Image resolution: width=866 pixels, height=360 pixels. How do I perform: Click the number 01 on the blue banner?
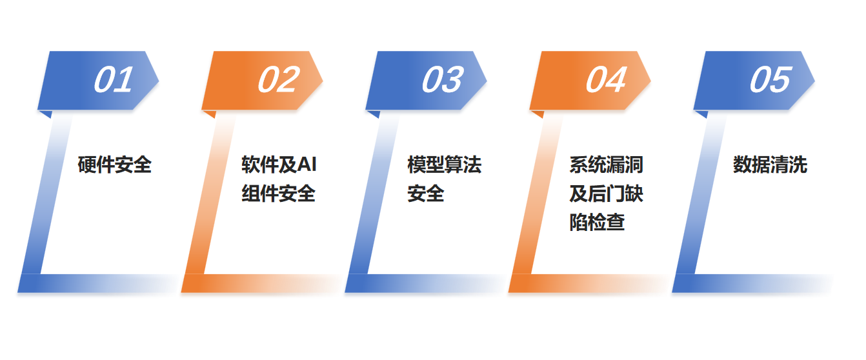[114, 81]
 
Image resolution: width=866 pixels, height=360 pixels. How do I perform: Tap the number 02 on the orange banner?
[278, 81]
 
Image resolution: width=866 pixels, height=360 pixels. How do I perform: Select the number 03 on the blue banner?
[442, 81]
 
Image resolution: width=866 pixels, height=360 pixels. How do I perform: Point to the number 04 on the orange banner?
[605, 81]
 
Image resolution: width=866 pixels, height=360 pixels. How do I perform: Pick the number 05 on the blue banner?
[769, 81]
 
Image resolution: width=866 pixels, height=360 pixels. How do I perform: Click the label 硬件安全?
[114, 165]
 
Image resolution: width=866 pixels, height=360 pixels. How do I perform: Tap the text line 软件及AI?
[279, 165]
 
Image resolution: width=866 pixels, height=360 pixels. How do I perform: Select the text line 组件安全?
[278, 194]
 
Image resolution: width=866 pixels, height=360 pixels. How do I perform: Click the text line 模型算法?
[444, 165]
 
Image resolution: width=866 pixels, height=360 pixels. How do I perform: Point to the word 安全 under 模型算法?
[425, 194]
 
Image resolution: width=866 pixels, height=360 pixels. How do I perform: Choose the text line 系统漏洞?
[606, 165]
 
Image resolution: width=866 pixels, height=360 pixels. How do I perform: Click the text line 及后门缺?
[606, 194]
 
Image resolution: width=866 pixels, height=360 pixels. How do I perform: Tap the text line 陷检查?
[597, 223]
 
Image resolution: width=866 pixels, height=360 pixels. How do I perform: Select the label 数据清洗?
[770, 165]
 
